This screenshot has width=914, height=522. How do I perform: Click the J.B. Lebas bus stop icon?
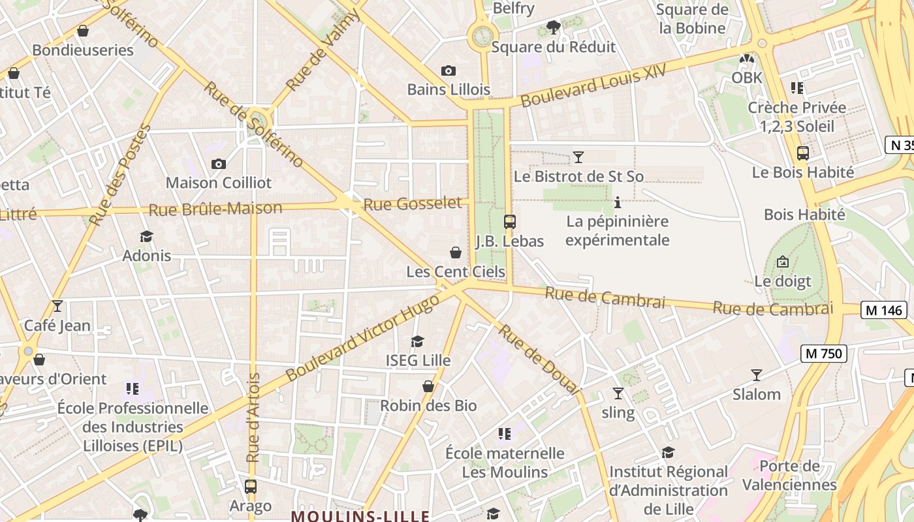pos(510,222)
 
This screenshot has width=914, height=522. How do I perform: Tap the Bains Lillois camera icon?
pos(449,70)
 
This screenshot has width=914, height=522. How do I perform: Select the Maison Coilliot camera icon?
pos(219,164)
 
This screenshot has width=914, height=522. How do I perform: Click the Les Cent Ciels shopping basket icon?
pos(456,253)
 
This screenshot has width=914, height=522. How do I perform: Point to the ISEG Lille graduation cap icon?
pos(417,341)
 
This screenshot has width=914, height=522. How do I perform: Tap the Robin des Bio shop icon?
pos(428,387)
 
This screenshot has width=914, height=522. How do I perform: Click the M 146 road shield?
pos(885,310)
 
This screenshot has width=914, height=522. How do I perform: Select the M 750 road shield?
pos(824,354)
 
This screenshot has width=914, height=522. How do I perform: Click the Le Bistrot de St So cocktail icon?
pos(578,157)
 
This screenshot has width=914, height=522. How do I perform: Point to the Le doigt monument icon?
pos(783,262)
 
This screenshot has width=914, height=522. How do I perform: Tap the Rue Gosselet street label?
pos(412,204)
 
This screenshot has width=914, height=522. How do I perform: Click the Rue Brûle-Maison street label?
pos(215,209)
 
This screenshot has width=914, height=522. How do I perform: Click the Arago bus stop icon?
pos(251,486)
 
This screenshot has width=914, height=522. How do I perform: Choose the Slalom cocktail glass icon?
pos(757,375)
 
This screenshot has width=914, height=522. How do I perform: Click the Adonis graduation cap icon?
pos(147,236)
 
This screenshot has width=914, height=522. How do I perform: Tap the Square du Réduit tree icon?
pos(554,27)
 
